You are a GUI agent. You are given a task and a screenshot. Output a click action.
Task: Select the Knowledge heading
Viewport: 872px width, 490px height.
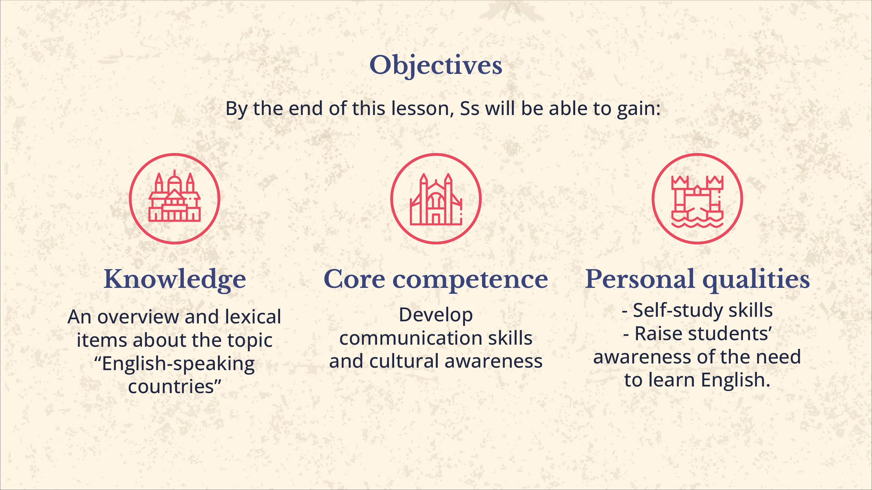[175, 280]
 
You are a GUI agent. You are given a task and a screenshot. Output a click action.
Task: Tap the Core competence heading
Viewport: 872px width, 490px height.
[436, 280]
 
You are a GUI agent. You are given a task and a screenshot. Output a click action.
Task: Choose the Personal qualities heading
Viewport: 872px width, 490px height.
[698, 280]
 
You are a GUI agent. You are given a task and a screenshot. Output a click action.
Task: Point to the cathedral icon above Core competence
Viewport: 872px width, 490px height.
[436, 199]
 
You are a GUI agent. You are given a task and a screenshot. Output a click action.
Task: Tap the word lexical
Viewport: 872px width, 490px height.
[253, 316]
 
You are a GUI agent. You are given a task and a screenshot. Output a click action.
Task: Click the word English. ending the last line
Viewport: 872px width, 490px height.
[736, 381]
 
